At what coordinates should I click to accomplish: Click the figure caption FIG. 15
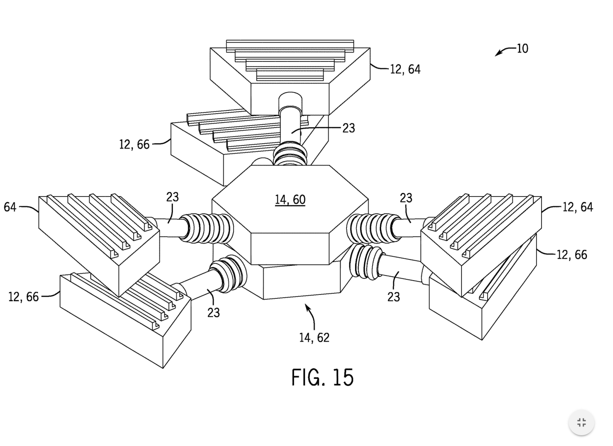tap(322, 377)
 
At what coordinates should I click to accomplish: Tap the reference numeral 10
tap(522, 49)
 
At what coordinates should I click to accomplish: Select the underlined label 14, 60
tap(290, 200)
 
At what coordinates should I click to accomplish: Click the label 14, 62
tap(314, 338)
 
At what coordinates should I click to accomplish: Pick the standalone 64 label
tap(10, 207)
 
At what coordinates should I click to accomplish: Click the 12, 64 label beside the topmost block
tap(405, 70)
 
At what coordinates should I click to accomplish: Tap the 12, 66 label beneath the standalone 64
tap(24, 297)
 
